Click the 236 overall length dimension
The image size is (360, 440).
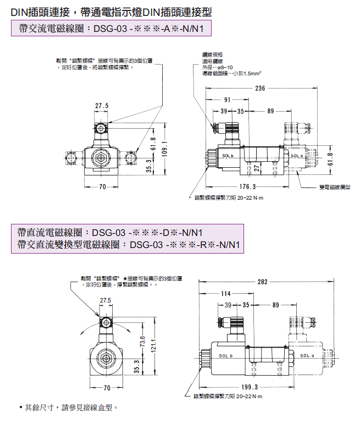(x=260, y=89)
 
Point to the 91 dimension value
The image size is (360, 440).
(x=227, y=100)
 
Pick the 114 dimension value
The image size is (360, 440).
(x=226, y=293)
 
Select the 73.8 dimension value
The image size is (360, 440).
(x=143, y=342)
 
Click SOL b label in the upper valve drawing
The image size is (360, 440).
(x=228, y=156)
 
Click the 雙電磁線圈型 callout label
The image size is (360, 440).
(x=335, y=188)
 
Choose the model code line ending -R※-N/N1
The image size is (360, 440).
(x=130, y=245)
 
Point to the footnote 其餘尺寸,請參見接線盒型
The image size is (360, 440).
(x=71, y=408)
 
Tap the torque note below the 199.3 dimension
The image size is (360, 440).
(x=228, y=396)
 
